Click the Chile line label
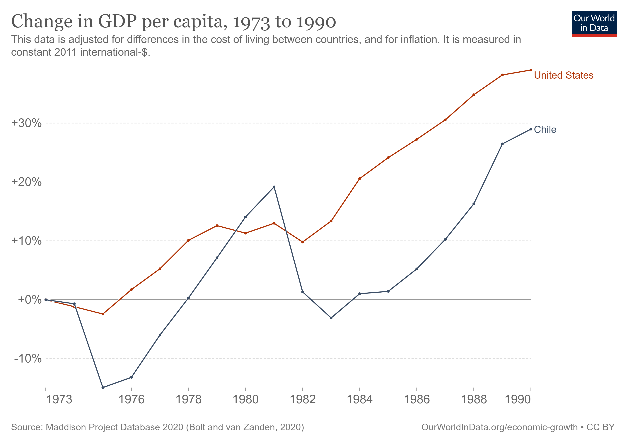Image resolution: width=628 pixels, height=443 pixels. (x=545, y=130)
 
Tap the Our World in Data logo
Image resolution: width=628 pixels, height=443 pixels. (x=594, y=23)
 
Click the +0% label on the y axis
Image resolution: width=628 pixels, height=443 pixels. (x=30, y=300)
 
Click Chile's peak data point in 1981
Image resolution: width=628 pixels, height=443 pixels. (x=274, y=187)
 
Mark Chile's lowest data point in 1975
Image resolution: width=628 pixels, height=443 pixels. (x=103, y=387)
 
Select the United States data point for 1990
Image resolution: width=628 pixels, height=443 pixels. (x=531, y=70)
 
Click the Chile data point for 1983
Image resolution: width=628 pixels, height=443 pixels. (x=331, y=318)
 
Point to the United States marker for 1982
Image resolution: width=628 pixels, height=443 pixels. (x=303, y=242)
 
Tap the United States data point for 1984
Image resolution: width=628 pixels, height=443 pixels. (x=360, y=178)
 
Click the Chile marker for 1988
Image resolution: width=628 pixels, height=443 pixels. (x=474, y=204)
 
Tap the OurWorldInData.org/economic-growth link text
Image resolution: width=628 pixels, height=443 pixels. (x=499, y=427)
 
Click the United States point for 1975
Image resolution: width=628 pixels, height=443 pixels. (x=103, y=314)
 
